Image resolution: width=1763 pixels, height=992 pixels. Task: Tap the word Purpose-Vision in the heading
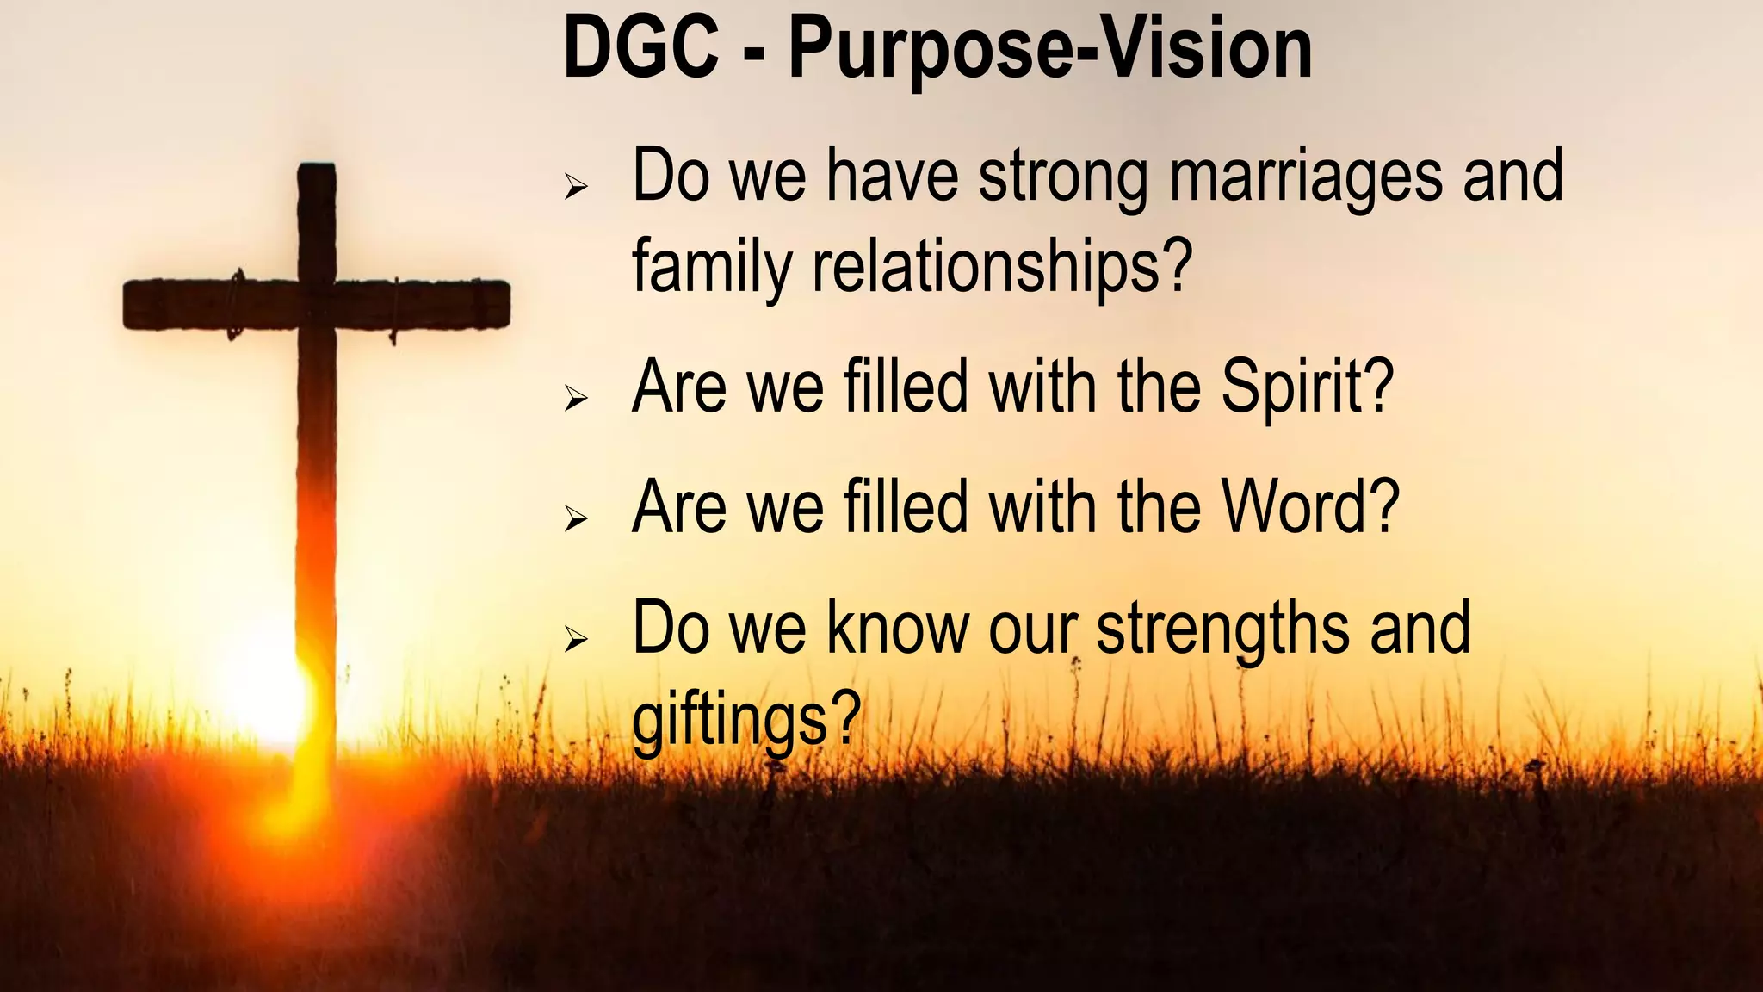pyautogui.click(x=1050, y=50)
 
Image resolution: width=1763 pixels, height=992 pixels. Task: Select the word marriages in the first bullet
pyautogui.click(x=1305, y=177)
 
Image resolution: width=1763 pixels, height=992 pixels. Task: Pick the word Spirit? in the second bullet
pyautogui.click(x=1307, y=387)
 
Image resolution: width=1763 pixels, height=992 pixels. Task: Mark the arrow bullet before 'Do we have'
pyautogui.click(x=576, y=186)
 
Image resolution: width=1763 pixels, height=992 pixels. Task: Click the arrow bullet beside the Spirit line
pyautogui.click(x=576, y=398)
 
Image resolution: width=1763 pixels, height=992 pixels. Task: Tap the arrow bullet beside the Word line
pyautogui.click(x=576, y=518)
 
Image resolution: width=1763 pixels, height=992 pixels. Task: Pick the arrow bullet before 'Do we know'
pyautogui.click(x=576, y=639)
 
